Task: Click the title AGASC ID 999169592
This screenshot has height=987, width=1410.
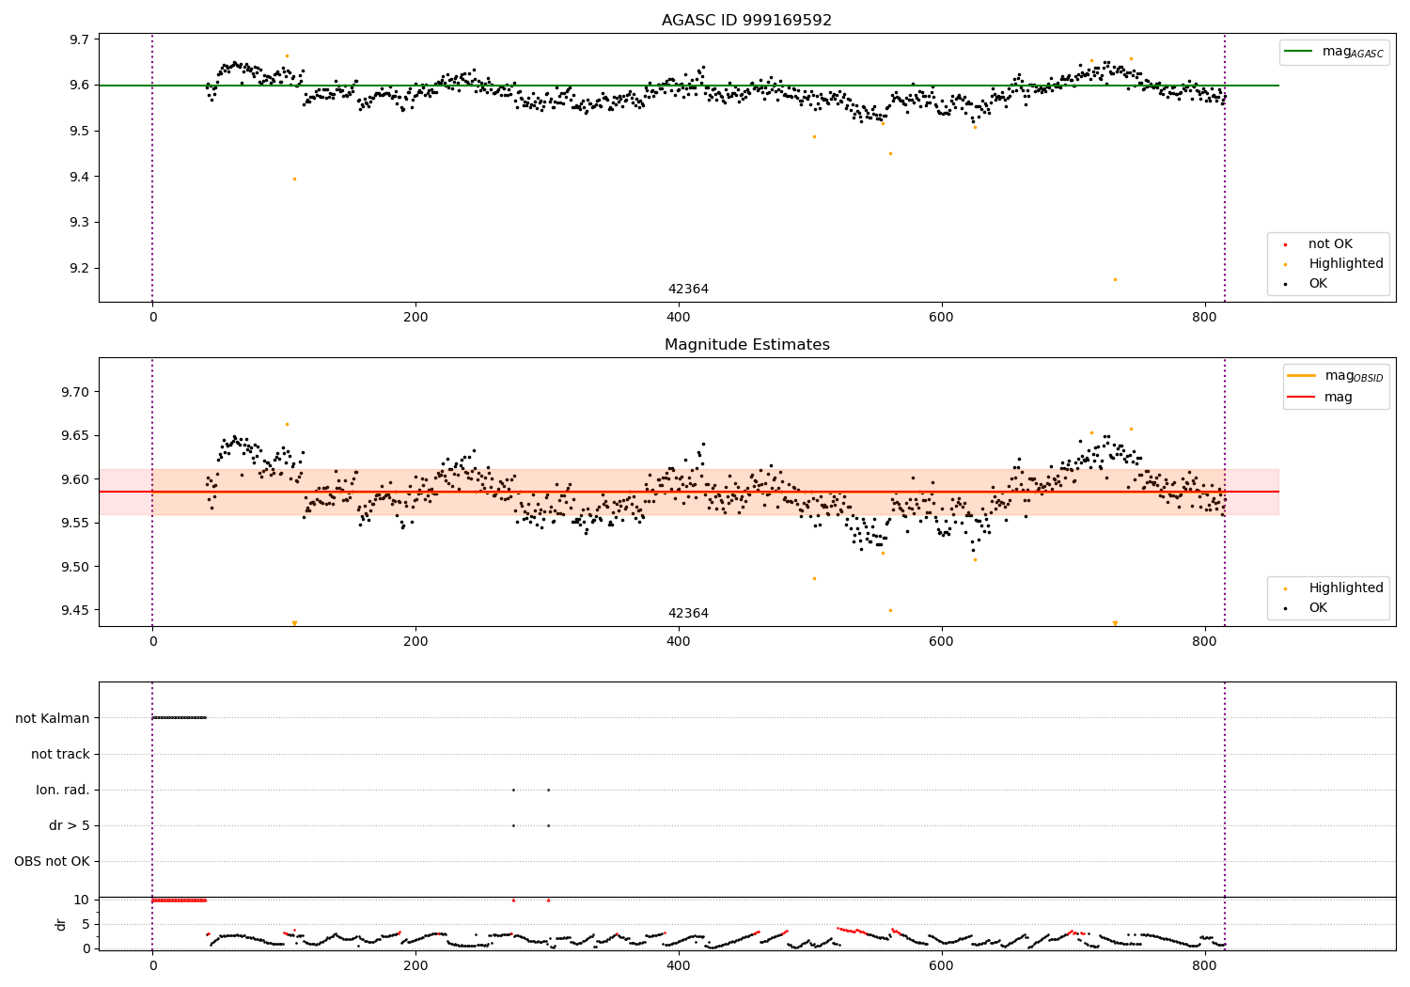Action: [x=746, y=20]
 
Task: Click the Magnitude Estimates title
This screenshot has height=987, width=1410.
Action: [x=746, y=345]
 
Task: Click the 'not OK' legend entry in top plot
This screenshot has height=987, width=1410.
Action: [x=1330, y=244]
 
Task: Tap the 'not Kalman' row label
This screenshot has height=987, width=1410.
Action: [x=53, y=718]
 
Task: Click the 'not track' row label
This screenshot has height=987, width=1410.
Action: [x=60, y=754]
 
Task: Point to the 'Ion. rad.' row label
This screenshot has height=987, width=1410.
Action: [x=63, y=790]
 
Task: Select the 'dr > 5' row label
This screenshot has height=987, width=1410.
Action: [x=70, y=825]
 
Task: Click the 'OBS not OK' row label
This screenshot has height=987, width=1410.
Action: [x=52, y=861]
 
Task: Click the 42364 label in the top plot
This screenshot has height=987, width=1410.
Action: [x=688, y=290]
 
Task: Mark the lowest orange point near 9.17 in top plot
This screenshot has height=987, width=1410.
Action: [x=1115, y=279]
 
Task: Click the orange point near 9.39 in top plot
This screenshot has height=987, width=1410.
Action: [x=294, y=179]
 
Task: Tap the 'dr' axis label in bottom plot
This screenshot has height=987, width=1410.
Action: [x=61, y=924]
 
